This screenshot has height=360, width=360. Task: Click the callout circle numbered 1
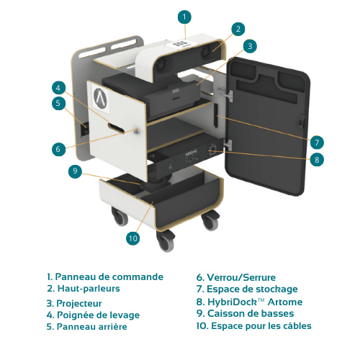(185, 16)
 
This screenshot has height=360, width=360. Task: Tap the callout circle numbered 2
(238, 29)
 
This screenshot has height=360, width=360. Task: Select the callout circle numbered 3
(250, 46)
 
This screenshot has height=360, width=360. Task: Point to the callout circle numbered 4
(58, 88)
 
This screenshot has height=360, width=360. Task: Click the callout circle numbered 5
(58, 103)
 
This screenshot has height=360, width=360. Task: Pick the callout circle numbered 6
(58, 149)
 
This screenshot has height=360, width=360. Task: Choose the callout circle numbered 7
(317, 142)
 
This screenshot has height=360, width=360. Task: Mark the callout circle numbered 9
(74, 171)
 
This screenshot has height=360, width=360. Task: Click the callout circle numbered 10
(132, 238)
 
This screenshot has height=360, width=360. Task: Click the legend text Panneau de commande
(105, 276)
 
